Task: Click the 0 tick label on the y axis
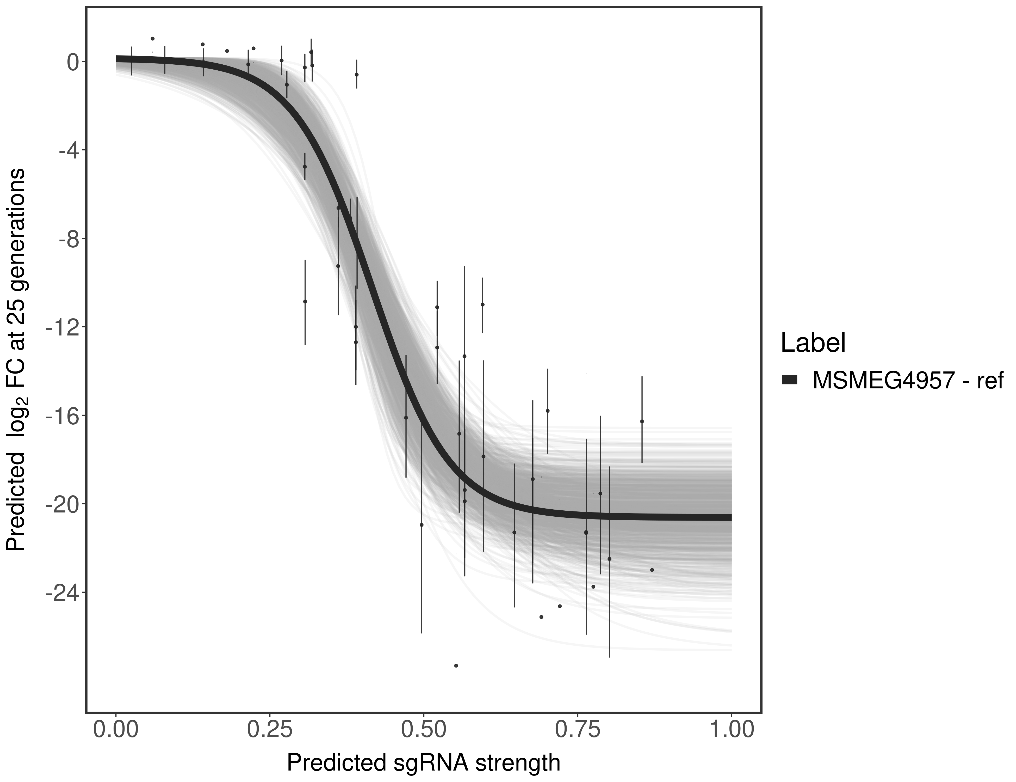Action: tap(73, 62)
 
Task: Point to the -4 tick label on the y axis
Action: tap(68, 150)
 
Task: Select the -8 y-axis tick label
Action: tap(68, 239)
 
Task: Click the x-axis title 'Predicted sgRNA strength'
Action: tap(423, 763)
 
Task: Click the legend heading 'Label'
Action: tap(813, 343)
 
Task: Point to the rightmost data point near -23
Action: tap(652, 570)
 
